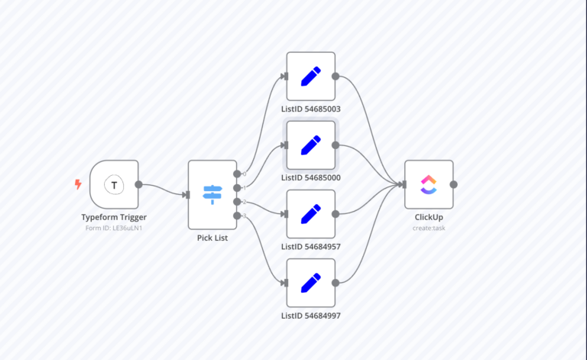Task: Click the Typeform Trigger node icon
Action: click(114, 184)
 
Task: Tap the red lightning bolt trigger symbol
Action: click(78, 184)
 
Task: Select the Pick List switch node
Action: click(212, 194)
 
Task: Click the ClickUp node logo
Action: click(429, 184)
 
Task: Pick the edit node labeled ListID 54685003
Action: click(310, 76)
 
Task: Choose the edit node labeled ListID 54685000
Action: click(310, 144)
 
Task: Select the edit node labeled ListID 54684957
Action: click(310, 214)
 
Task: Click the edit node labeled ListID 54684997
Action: click(310, 283)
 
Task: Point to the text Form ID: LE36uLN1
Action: click(114, 228)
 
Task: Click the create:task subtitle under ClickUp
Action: click(429, 228)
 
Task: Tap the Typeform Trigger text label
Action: click(114, 217)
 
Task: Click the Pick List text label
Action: click(212, 238)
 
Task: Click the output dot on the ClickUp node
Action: click(453, 184)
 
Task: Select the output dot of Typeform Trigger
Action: click(138, 184)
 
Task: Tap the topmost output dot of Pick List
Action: click(237, 174)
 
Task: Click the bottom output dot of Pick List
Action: click(237, 216)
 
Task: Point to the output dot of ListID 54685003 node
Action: click(336, 76)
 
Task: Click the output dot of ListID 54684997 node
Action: click(336, 283)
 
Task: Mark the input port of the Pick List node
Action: click(186, 195)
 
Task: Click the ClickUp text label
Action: click(429, 217)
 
